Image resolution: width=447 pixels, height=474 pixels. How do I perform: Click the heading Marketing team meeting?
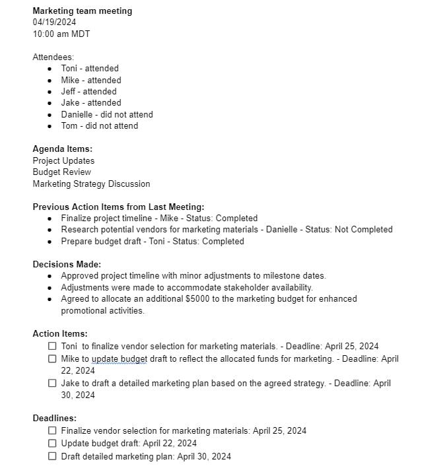82,11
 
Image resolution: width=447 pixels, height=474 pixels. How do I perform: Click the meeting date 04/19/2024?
55,22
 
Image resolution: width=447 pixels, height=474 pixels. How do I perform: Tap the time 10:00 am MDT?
61,34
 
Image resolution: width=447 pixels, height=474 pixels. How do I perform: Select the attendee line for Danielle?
106,114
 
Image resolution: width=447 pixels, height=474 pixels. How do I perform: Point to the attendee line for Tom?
99,125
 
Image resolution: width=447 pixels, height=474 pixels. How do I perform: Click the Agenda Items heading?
62,149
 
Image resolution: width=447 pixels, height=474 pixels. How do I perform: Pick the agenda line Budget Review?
61,172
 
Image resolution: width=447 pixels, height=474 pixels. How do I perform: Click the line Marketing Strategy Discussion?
91,184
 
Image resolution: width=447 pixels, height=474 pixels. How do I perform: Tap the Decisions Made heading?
67,264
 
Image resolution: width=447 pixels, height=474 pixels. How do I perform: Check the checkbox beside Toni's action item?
52,346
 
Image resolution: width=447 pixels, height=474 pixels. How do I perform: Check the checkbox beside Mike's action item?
52,358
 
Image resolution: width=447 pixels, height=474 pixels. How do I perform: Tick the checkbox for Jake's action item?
52,383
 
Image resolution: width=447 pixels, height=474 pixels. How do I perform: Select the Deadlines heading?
54,418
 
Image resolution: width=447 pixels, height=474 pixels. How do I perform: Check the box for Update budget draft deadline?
52,443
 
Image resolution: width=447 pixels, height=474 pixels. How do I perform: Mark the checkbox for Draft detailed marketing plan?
52,456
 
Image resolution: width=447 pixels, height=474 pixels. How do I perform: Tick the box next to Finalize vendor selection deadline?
52,430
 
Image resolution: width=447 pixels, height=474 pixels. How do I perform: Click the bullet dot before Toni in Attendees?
51,69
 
